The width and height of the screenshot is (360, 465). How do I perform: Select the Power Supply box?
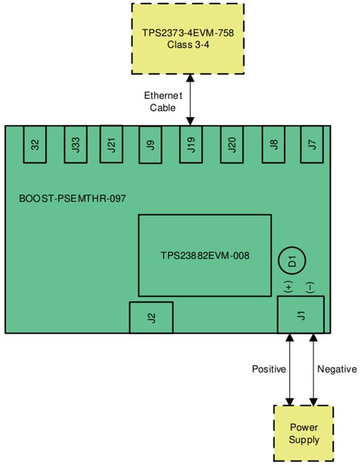(x=303, y=433)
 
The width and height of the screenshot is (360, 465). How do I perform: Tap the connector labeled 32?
(x=35, y=144)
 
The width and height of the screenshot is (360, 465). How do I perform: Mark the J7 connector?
(x=311, y=144)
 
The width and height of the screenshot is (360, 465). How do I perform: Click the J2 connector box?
(x=151, y=317)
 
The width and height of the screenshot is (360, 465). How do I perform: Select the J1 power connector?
(x=301, y=315)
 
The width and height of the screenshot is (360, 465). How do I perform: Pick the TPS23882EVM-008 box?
(x=205, y=255)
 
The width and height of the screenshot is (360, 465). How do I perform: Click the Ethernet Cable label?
(x=163, y=102)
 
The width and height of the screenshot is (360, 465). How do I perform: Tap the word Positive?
(x=269, y=369)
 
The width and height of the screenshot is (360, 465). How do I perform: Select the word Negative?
(x=337, y=369)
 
